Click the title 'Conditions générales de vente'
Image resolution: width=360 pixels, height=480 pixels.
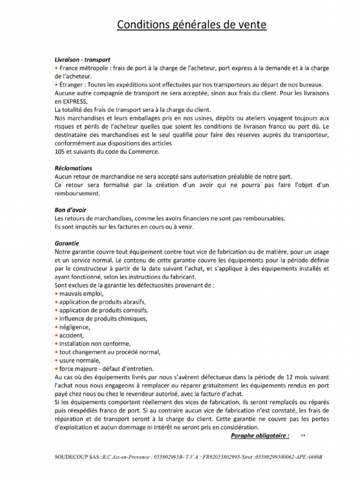point(191,24)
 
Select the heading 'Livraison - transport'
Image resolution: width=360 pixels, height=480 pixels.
point(82,60)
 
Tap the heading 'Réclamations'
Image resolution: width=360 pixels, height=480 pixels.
point(73,168)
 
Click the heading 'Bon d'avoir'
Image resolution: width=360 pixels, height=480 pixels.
point(70,210)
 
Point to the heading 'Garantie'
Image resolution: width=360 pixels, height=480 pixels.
point(67,243)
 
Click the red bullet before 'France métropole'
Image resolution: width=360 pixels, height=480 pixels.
point(56,68)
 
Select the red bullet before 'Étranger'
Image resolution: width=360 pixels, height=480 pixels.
point(56,85)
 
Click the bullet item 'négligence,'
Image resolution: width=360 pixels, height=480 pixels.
point(74,327)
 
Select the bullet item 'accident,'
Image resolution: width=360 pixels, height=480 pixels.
point(72,335)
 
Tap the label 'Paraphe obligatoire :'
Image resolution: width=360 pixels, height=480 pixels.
point(260,436)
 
